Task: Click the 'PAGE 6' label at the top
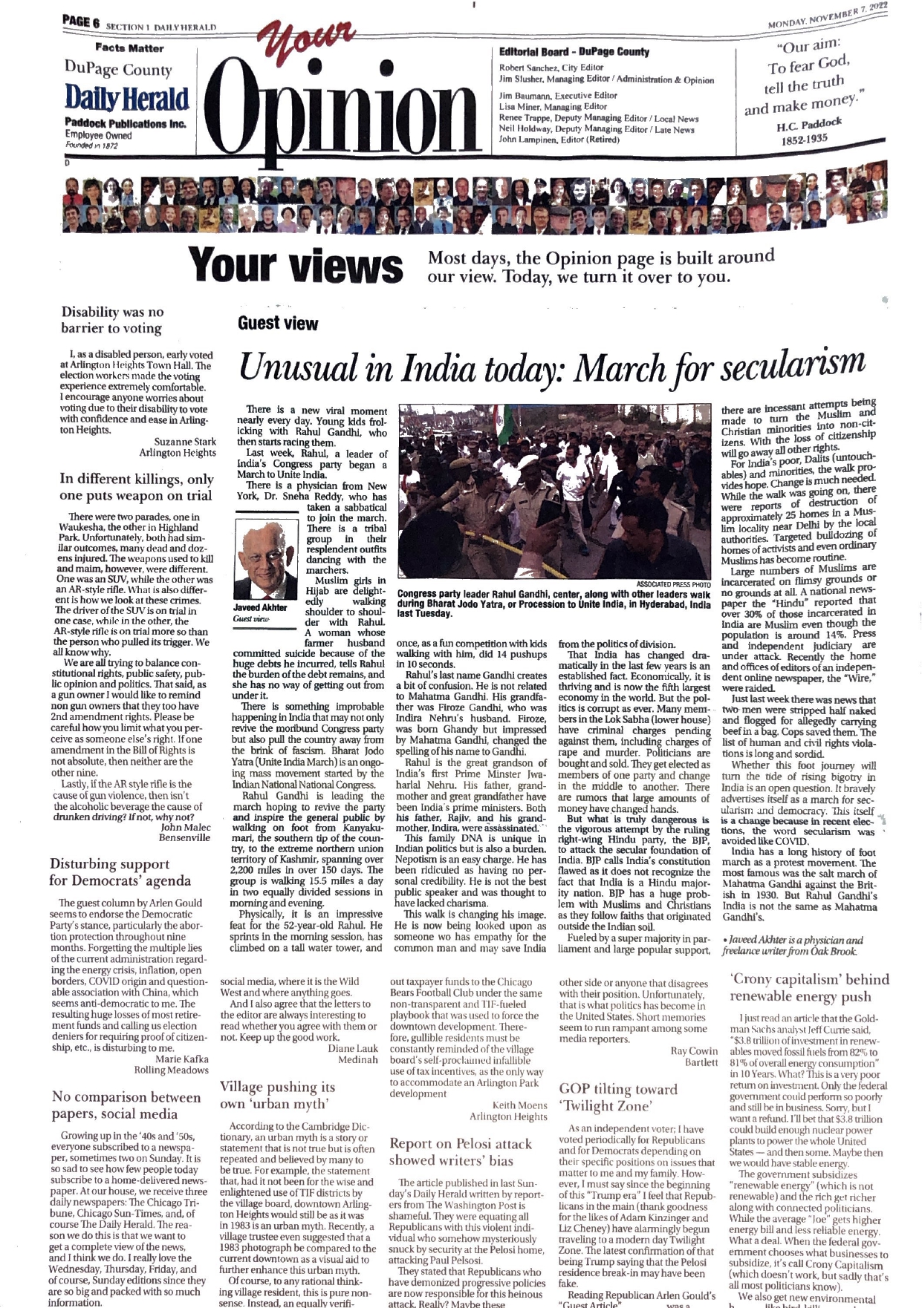(x=82, y=23)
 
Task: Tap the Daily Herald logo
(x=127, y=99)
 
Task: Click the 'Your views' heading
(x=295, y=266)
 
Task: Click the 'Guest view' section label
(x=277, y=324)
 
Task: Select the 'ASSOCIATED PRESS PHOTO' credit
(x=674, y=584)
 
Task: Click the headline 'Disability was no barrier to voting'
(x=112, y=320)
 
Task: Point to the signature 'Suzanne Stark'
(x=185, y=441)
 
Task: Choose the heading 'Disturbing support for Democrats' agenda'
(x=120, y=872)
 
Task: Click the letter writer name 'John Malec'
(x=186, y=827)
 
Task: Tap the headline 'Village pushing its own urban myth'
(x=277, y=1095)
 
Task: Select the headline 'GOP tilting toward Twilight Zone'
(x=618, y=1097)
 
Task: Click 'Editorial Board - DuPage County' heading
(x=574, y=52)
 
